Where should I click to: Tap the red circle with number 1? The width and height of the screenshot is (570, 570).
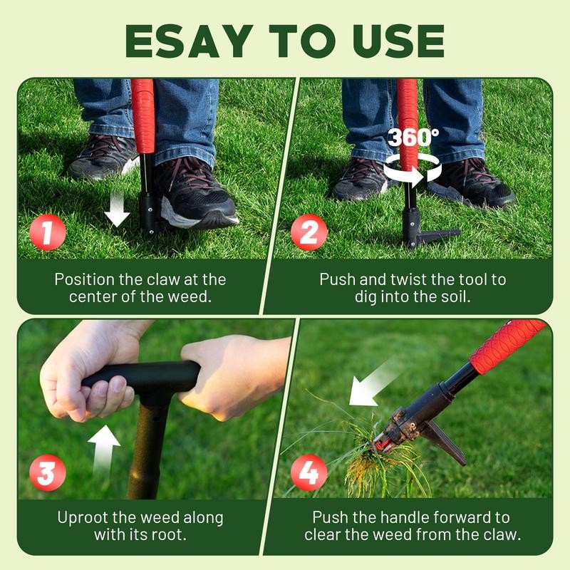click(48, 233)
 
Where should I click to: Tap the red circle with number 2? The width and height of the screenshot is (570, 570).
click(309, 233)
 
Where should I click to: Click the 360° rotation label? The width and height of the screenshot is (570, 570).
click(413, 137)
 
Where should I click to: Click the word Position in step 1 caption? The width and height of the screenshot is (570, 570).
click(85, 279)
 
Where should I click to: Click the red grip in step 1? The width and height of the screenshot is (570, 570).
click(143, 114)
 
